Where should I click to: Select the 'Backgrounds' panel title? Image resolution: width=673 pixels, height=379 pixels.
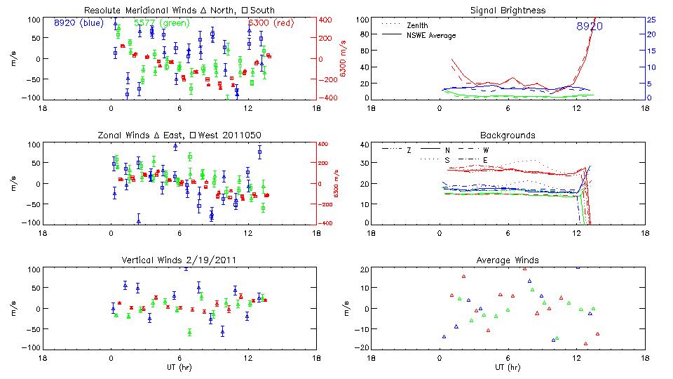508,135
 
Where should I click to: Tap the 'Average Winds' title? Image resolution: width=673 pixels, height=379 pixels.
508,260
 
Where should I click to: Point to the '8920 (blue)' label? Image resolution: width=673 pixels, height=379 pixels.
79,23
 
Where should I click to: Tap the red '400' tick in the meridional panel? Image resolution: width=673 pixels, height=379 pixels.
328,20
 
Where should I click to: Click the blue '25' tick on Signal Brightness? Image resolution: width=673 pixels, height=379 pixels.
651,20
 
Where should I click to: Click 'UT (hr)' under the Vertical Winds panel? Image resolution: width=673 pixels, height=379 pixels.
179,366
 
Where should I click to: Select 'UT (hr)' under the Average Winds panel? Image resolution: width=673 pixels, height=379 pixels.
508,366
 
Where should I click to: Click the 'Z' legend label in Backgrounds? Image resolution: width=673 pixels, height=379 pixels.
409,149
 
